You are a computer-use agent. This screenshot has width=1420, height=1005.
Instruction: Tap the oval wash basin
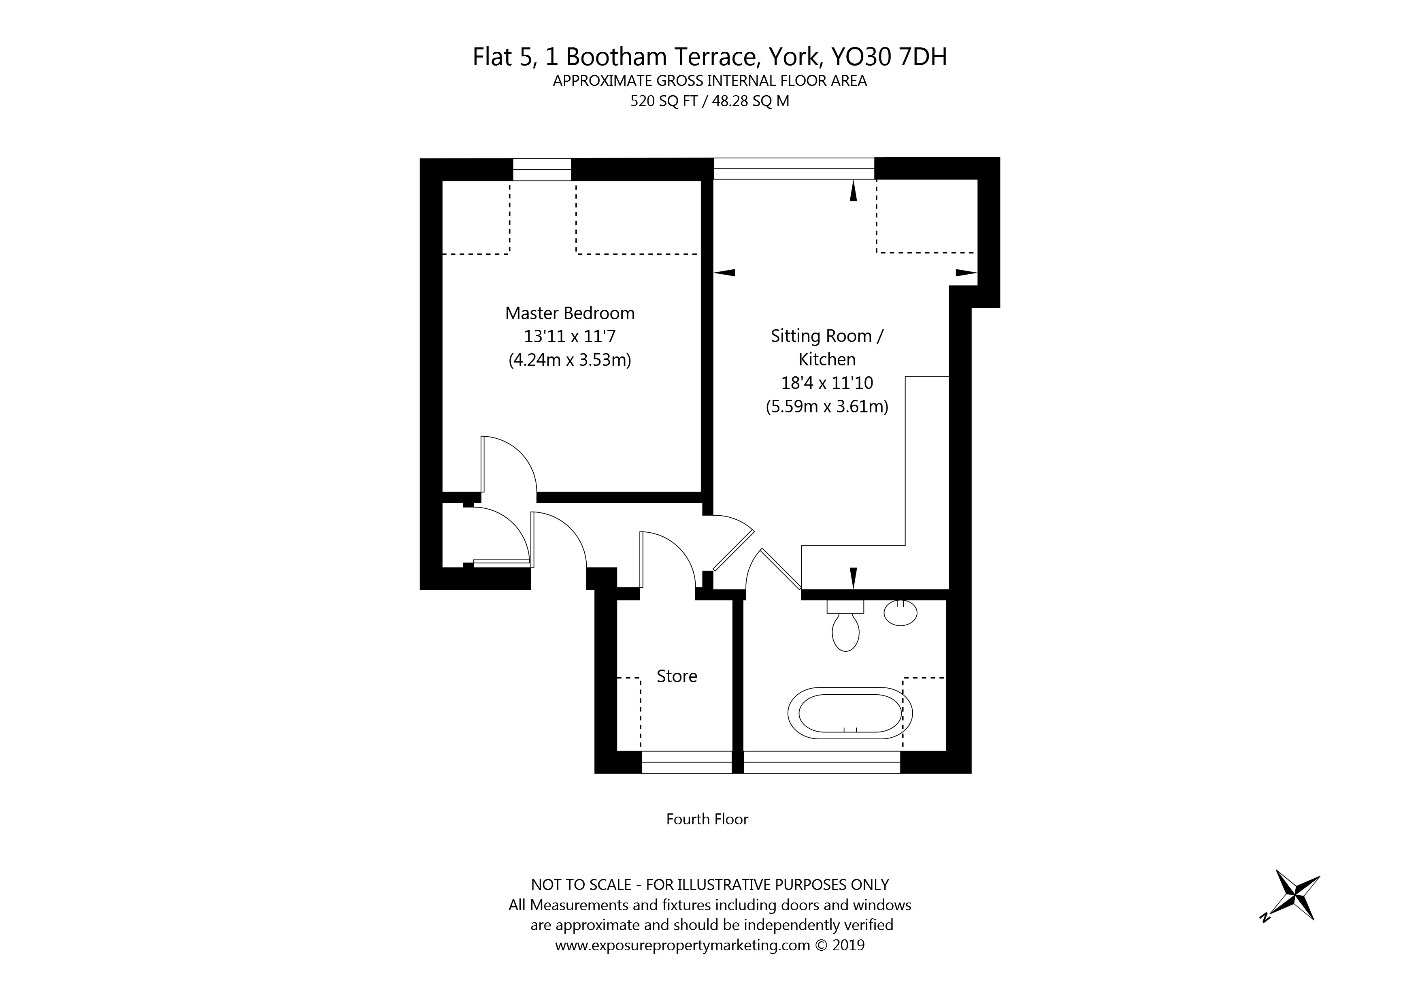(901, 612)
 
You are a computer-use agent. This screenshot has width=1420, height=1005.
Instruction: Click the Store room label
(677, 676)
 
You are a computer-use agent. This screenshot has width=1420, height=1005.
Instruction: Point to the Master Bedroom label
(570, 313)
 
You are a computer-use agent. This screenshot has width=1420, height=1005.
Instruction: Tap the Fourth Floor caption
(707, 819)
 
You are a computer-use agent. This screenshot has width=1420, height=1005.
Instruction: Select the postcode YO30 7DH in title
(889, 57)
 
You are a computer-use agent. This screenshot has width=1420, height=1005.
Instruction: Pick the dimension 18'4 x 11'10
(827, 383)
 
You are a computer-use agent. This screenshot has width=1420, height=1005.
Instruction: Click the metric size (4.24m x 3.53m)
(570, 360)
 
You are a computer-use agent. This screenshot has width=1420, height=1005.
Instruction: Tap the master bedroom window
(542, 170)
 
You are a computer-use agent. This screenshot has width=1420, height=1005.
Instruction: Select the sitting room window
(794, 169)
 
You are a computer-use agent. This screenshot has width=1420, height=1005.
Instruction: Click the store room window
(686, 762)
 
